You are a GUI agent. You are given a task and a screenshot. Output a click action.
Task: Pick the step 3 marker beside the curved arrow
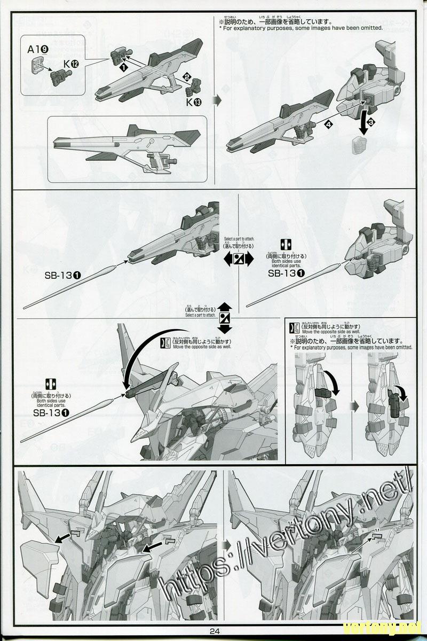click(371, 122)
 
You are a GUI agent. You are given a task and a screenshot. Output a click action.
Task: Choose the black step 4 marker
click(327, 124)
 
